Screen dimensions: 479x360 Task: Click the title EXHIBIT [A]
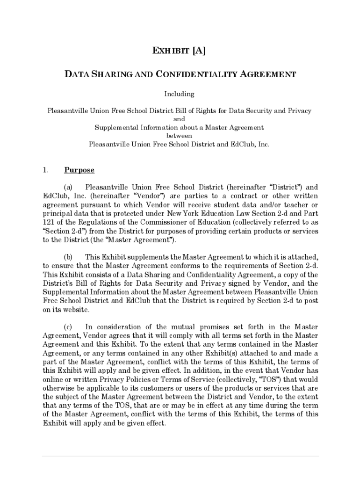point(180,51)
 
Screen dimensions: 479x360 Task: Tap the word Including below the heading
point(180,94)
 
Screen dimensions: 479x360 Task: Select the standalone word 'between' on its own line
point(180,136)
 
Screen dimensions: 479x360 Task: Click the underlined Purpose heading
point(79,170)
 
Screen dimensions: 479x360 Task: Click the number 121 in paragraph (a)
point(49,222)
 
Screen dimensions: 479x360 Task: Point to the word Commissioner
point(173,222)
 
